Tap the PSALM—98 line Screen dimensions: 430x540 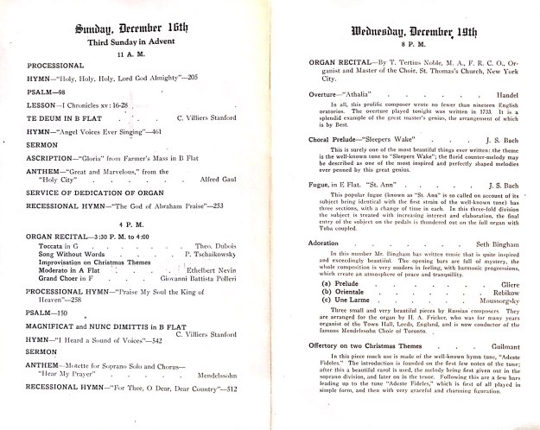pos(46,90)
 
